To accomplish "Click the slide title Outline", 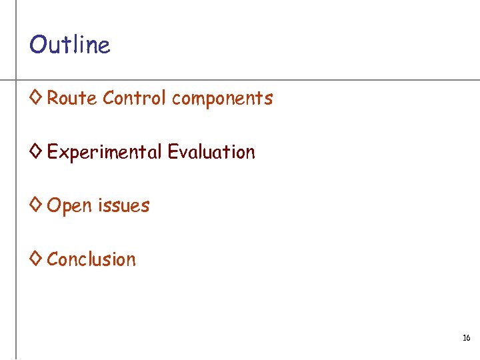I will (69, 45).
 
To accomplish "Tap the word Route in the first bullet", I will (72, 99).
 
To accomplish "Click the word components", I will (222, 99).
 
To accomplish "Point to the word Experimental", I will (104, 153).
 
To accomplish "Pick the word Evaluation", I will (211, 152).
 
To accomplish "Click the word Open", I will (69, 206).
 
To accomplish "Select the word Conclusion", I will (91, 259).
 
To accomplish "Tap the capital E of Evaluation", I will (172, 152).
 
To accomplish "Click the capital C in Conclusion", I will (53, 259).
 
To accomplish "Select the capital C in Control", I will (109, 99).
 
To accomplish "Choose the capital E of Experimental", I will (52, 152).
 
